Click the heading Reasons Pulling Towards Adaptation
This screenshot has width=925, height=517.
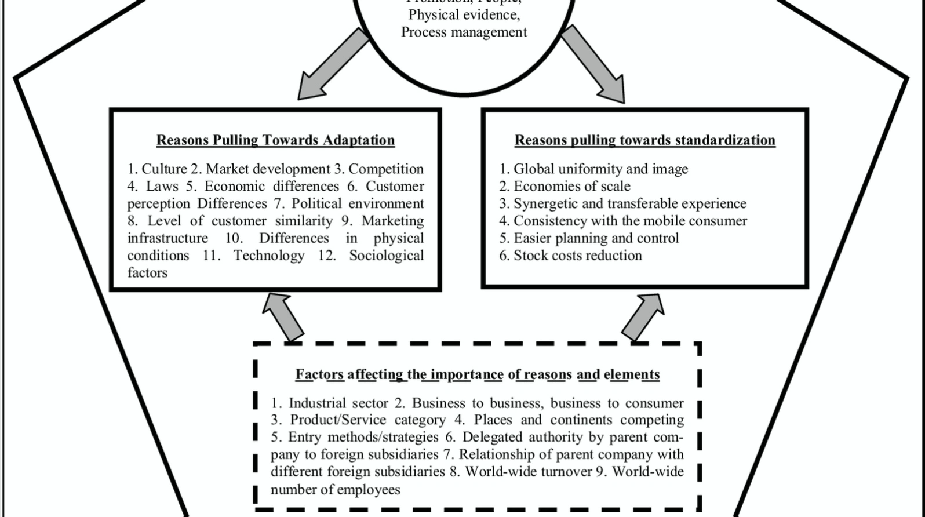(275, 140)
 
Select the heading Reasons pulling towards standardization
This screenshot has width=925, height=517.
(644, 140)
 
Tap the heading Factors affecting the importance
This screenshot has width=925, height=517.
(477, 374)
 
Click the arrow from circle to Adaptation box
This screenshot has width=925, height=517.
(333, 65)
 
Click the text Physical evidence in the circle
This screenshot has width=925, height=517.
(464, 14)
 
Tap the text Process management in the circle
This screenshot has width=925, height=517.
(464, 32)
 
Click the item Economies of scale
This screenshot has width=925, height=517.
(571, 186)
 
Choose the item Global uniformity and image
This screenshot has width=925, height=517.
(600, 169)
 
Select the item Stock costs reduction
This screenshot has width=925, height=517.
(577, 256)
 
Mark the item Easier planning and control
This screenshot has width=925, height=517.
(596, 238)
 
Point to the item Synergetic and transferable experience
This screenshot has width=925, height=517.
(629, 203)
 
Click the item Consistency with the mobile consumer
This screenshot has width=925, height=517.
(630, 221)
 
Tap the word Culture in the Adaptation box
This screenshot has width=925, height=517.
(164, 169)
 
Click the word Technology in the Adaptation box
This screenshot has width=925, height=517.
(269, 256)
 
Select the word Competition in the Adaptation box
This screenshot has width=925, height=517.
(386, 169)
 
